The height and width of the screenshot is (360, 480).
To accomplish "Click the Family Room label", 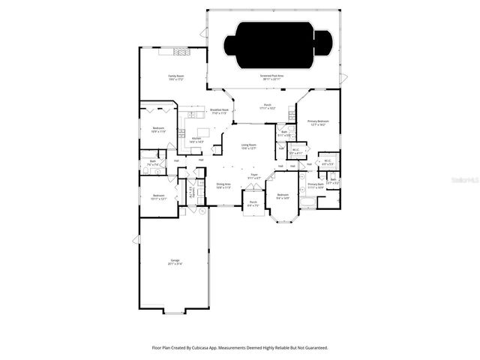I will click(176, 76).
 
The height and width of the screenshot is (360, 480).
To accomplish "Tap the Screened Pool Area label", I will click(271, 76).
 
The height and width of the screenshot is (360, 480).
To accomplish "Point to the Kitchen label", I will click(196, 139).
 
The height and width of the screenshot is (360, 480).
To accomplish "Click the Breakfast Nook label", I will click(219, 111).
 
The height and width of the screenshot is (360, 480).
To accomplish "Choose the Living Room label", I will click(249, 146).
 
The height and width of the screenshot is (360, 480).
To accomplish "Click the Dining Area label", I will click(223, 185).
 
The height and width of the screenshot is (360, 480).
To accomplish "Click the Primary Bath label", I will click(316, 185).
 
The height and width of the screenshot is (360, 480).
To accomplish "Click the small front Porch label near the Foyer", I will click(253, 203).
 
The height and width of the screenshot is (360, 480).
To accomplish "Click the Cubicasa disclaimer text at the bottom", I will click(239, 348).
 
